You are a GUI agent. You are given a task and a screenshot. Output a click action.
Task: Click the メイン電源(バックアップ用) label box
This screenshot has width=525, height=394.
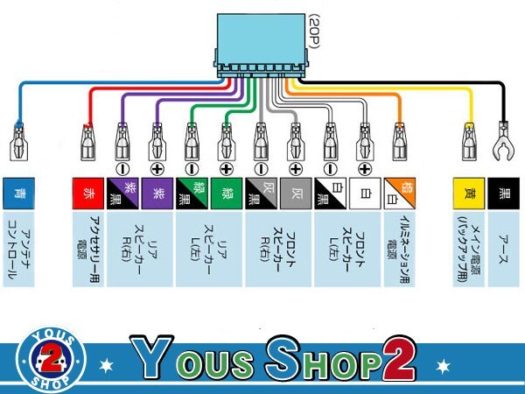468,248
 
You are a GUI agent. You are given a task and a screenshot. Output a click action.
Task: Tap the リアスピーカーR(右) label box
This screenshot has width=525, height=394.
140,248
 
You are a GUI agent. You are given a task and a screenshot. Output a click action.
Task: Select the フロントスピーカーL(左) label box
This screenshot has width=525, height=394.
348,248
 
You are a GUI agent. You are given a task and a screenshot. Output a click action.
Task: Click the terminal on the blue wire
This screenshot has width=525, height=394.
17,140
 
